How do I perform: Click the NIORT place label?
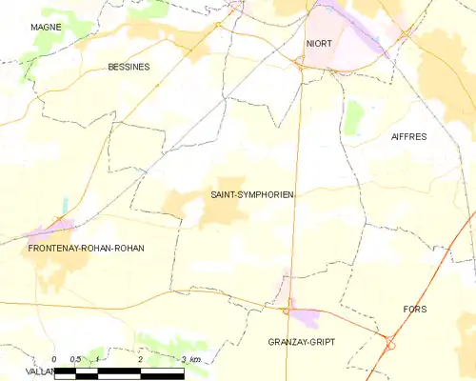pos(319,44)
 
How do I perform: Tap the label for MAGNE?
pos(46,28)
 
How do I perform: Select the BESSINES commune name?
pos(129,68)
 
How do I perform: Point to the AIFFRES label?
pos(408,137)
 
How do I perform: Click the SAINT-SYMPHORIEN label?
pos(251,194)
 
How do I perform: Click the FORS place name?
pos(415,310)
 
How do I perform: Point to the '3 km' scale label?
pos(190,360)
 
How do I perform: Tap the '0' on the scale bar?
pos(54,360)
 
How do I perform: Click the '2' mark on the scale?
pos(140,360)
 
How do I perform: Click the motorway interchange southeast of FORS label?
pos(390,341)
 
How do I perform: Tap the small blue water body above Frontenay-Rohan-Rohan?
pos(65,205)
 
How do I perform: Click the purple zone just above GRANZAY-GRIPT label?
pos(305,316)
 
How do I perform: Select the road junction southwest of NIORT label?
pos(298,65)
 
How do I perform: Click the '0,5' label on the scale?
pos(76,360)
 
